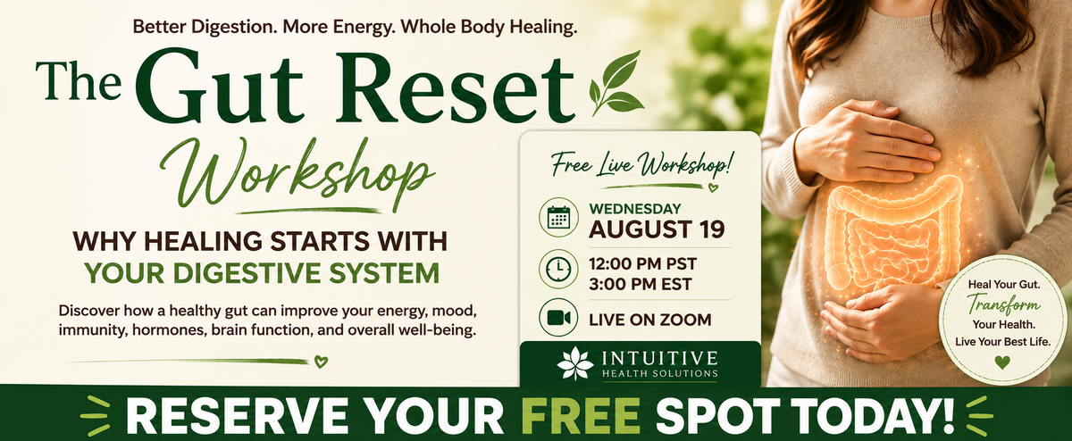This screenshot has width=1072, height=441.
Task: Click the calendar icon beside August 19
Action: click(558, 217)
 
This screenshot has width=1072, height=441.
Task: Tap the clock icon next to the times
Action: click(558, 269)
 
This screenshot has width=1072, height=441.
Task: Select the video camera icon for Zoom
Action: click(558, 318)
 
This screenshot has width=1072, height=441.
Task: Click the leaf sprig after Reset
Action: click(616, 82)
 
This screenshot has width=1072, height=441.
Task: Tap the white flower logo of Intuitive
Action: click(574, 363)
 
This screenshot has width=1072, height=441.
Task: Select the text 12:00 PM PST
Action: click(642, 263)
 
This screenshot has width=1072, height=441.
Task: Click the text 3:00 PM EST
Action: click(640, 285)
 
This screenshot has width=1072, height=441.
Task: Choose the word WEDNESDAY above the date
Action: click(634, 209)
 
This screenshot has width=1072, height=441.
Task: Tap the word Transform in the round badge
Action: click(1003, 304)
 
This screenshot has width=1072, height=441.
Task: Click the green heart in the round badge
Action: click(1002, 362)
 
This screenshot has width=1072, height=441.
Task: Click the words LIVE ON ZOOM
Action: click(650, 320)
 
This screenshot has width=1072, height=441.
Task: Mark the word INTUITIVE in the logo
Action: click(659, 358)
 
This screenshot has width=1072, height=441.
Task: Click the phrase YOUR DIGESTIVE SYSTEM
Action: click(262, 272)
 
